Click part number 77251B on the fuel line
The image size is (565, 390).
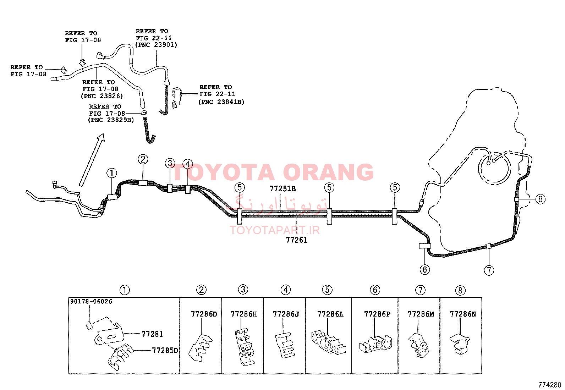(282, 189)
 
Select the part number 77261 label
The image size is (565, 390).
(296, 240)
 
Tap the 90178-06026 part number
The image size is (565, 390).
(91, 301)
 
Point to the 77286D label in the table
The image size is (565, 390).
(204, 314)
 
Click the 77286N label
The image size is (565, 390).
(463, 314)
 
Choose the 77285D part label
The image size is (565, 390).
(165, 350)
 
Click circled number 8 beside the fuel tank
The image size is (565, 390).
(540, 199)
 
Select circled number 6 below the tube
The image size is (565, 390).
(425, 269)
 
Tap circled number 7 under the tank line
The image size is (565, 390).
(489, 270)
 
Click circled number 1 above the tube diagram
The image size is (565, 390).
(112, 173)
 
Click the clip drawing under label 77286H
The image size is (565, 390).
(244, 347)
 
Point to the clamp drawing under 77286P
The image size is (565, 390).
(375, 344)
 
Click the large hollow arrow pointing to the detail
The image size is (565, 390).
(92, 160)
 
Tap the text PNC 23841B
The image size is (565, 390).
(221, 102)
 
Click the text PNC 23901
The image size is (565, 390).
(156, 45)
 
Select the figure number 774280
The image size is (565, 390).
(550, 385)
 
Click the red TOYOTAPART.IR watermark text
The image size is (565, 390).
(275, 230)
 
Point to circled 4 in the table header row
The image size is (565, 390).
(286, 290)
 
